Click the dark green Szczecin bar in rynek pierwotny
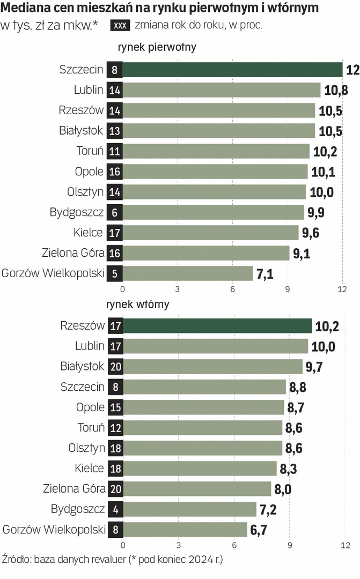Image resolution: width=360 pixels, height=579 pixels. (233, 70)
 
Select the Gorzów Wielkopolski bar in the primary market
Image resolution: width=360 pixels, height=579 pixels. (188, 273)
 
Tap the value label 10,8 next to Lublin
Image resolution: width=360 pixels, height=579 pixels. (335, 90)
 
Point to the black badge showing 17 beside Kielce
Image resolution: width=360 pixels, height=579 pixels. (115, 233)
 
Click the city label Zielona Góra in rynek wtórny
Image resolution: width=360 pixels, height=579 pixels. (74, 488)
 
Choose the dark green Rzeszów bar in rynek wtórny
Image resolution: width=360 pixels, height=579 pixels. (217, 326)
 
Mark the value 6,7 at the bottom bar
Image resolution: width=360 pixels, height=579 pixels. (258, 530)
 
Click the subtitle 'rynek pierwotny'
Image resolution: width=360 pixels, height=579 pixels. (157, 47)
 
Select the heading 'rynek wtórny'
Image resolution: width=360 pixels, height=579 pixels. (138, 305)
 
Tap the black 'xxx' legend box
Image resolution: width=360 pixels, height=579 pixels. (121, 26)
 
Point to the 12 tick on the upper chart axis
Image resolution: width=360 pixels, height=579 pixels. (342, 289)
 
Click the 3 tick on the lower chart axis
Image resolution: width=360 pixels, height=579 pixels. (178, 545)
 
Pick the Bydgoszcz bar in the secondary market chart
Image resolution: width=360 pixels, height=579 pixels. (189, 509)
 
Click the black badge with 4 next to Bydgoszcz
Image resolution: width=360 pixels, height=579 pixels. (115, 509)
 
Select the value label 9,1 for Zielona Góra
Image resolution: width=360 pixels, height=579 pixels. (302, 253)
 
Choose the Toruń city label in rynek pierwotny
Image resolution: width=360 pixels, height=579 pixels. (90, 151)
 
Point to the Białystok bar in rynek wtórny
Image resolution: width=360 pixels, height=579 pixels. (212, 367)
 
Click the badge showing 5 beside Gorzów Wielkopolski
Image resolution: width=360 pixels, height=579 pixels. (115, 273)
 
